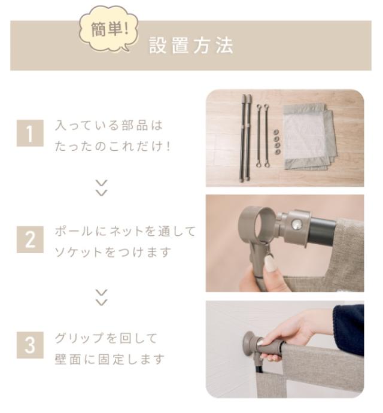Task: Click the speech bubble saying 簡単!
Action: (109, 29)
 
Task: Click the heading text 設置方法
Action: (191, 45)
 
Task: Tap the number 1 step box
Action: (30, 133)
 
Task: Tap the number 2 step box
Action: (30, 239)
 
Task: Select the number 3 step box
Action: (30, 345)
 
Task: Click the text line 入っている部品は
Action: (109, 125)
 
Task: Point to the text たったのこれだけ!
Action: (113, 146)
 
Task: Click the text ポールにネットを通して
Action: (126, 231)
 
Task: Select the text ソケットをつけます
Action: (113, 252)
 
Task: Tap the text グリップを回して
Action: (106, 338)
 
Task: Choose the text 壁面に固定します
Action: (110, 359)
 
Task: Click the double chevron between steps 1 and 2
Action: (101, 188)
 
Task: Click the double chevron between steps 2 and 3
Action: (101, 297)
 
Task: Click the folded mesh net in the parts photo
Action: (309, 136)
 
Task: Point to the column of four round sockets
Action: (277, 142)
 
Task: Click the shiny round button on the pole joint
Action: (296, 224)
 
